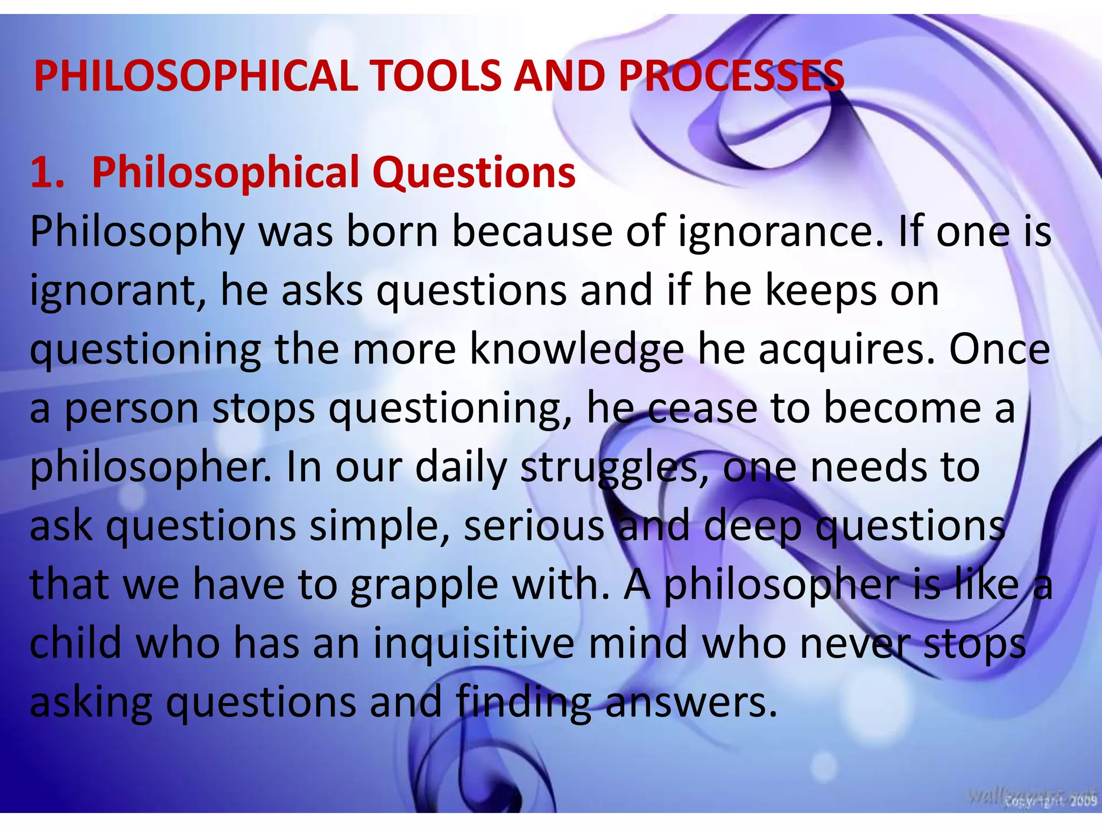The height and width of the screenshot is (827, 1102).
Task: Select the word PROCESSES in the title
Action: tap(731, 75)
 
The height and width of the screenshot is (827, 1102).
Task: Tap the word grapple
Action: tap(424, 585)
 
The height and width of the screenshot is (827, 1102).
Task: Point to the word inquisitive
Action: tap(474, 644)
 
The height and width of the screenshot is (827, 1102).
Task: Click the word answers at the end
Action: tap(691, 703)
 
